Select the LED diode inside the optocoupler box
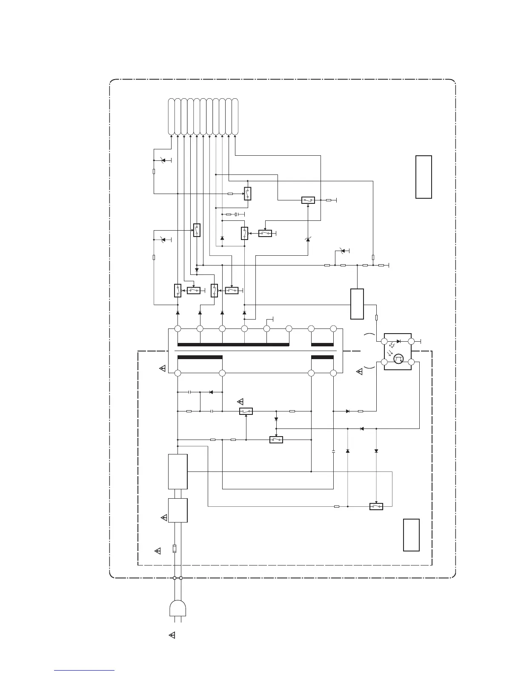coord(398,341)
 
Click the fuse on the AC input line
coord(175,548)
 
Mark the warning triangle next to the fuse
coord(157,551)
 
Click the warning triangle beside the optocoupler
coord(359,371)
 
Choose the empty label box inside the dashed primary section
coord(411,535)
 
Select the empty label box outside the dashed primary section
coord(424,177)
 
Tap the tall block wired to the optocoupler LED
coord(357,304)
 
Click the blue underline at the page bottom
coord(84,671)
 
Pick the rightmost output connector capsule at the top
coord(235,116)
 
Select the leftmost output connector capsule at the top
coord(171,116)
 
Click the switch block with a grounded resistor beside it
coord(308,200)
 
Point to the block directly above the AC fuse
coord(178,510)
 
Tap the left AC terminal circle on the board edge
coord(175,578)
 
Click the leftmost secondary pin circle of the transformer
coord(178,328)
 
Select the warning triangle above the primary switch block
coord(240,401)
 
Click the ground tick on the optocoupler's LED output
coord(421,341)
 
